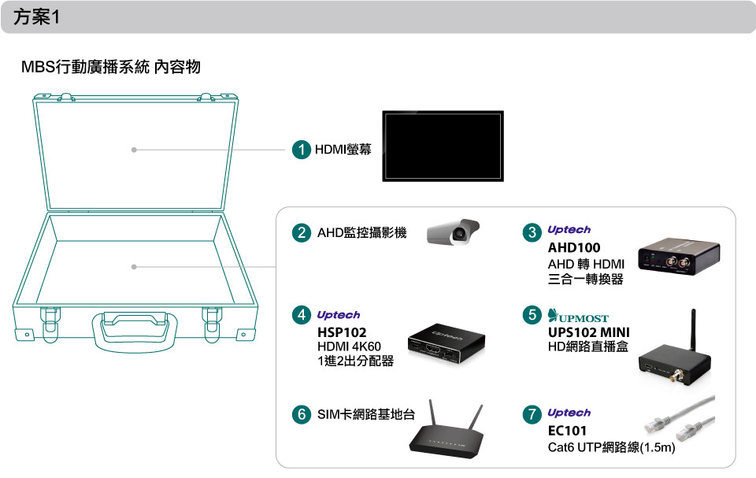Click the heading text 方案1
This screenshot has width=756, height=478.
click(x=37, y=17)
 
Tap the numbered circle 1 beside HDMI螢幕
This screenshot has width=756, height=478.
click(x=302, y=150)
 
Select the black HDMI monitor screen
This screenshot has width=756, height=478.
click(x=443, y=146)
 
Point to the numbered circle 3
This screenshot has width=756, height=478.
click(x=532, y=232)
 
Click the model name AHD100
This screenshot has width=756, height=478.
click(x=574, y=248)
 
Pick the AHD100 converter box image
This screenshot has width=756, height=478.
click(x=678, y=256)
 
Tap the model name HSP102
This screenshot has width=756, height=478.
click(x=342, y=332)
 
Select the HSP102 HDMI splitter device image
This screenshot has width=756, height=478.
click(x=446, y=343)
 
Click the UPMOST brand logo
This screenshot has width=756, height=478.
click(x=577, y=316)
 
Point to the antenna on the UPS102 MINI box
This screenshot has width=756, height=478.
click(x=693, y=329)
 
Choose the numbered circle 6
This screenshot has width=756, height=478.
click(x=302, y=414)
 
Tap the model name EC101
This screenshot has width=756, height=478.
click(x=567, y=431)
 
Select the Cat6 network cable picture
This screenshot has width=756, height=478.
click(x=680, y=418)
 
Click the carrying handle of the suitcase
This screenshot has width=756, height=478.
click(x=135, y=332)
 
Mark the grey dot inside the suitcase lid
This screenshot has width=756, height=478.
click(x=134, y=150)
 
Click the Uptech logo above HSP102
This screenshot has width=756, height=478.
click(x=339, y=315)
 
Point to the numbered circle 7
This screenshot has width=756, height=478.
click(x=532, y=414)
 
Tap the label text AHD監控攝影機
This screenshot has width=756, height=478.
click(x=361, y=232)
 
